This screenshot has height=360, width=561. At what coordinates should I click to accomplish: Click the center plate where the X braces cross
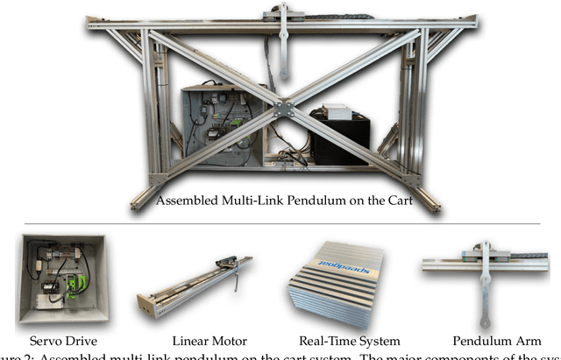point(281,109)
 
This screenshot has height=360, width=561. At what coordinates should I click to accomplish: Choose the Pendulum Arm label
point(486,341)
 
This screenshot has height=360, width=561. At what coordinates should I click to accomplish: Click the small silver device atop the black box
point(337,112)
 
